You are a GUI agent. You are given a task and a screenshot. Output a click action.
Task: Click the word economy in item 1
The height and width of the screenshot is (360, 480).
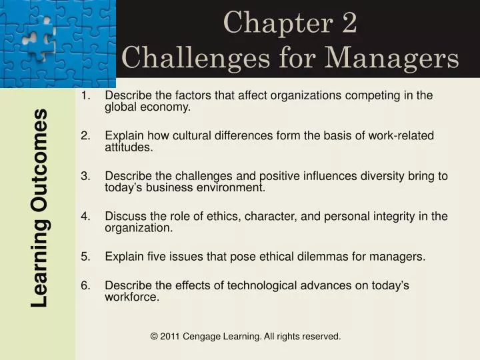click(167, 107)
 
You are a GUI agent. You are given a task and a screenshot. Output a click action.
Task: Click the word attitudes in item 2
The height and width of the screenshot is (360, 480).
click(129, 147)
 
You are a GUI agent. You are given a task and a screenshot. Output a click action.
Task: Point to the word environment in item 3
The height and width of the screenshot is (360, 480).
click(231, 187)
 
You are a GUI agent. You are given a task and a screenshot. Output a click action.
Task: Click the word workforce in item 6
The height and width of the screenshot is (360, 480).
click(132, 297)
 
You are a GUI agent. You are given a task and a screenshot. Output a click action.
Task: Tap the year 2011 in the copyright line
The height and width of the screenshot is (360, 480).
click(171, 337)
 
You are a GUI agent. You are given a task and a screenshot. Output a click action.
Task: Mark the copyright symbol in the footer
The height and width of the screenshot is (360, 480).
click(155, 337)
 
